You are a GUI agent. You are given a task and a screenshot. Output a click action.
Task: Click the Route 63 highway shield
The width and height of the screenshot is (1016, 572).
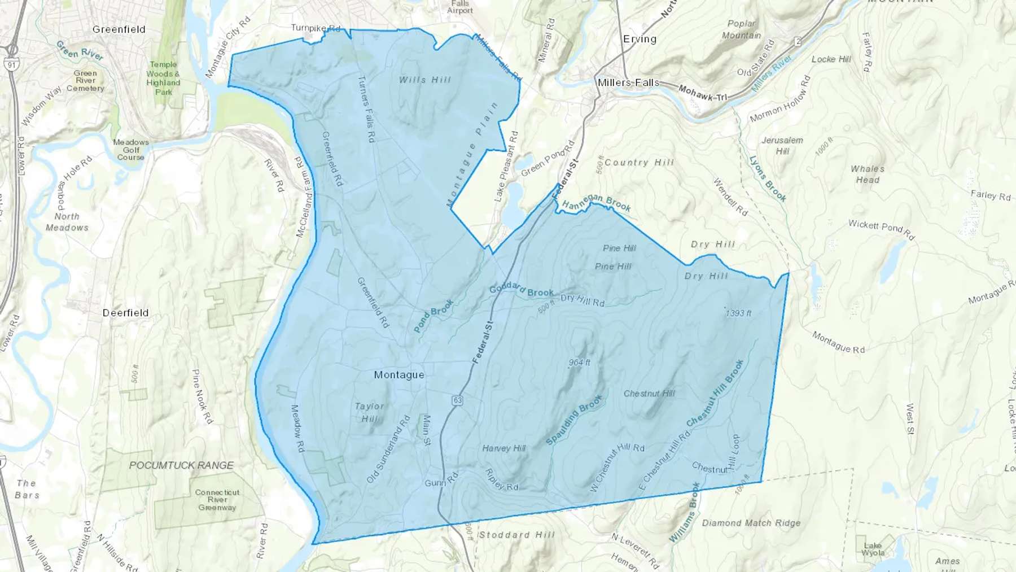tap(457, 400)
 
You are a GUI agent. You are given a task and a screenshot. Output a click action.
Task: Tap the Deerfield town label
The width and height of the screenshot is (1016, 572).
tap(125, 313)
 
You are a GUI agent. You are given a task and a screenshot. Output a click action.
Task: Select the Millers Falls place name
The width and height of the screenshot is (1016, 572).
tap(628, 83)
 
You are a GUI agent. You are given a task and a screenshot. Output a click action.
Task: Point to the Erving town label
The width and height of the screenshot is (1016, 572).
tap(640, 39)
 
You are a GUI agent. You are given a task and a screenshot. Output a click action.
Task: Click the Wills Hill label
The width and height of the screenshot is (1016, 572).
tap(425, 80)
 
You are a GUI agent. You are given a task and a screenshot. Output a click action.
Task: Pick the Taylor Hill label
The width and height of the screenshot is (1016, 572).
tap(369, 412)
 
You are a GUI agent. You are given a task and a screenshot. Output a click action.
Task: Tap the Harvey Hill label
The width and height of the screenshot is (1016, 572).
tap(503, 448)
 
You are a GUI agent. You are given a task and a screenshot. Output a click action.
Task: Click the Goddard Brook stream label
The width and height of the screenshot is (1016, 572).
tap(521, 290)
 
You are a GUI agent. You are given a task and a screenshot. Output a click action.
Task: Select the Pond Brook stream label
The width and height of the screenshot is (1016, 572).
tap(433, 316)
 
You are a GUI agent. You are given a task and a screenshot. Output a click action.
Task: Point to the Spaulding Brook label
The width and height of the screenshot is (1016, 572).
tap(575, 420)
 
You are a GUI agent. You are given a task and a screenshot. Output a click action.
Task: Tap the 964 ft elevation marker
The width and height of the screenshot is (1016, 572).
tap(579, 363)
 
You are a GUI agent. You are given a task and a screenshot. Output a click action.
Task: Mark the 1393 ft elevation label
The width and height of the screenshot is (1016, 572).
tap(738, 313)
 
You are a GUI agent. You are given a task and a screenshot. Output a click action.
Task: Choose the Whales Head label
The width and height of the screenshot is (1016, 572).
tap(868, 174)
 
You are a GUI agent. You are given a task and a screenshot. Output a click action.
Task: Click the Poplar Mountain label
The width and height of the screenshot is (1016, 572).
tap(741, 29)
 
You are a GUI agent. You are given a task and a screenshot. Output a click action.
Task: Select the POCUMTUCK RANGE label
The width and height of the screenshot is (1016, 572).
tap(181, 465)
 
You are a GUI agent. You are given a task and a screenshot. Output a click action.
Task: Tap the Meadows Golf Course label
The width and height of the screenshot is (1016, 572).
tap(130, 150)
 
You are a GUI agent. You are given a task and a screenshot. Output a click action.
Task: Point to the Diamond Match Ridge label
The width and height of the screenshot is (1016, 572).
tap(751, 523)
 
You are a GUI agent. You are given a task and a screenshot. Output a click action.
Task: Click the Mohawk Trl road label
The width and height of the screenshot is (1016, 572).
tap(703, 93)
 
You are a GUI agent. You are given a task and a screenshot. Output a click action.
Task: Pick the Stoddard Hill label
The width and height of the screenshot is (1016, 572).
tap(516, 535)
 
